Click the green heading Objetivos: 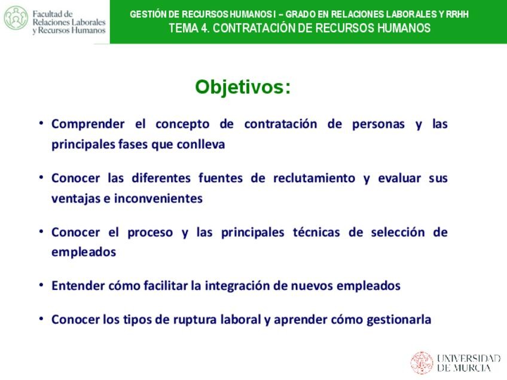point(243,87)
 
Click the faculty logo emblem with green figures point(16,18)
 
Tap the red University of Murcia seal point(422,363)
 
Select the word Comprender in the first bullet point(88,124)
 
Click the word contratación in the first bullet point(280,124)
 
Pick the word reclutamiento point(314,178)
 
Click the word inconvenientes point(158,198)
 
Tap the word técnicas point(316,232)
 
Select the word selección point(398,232)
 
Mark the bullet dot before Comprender point(41,123)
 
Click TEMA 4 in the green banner point(188,28)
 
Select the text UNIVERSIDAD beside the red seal point(469,358)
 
